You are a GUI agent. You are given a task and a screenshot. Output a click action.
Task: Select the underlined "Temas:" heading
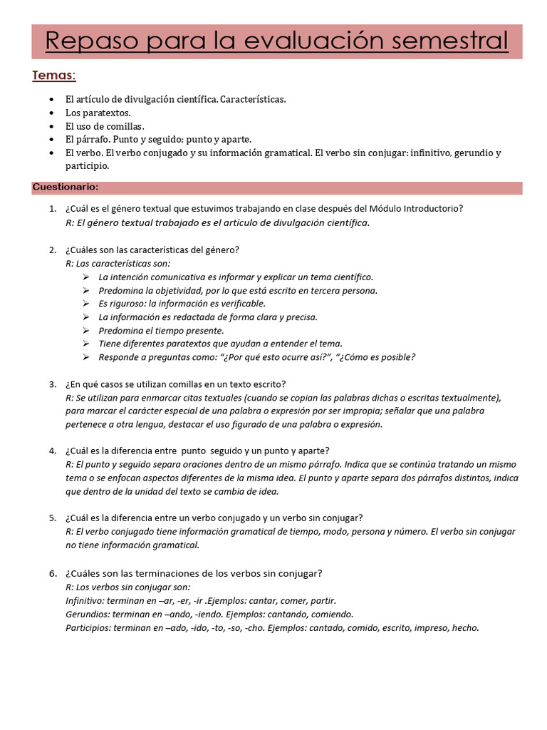54,76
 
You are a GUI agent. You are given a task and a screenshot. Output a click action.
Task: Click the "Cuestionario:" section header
66,187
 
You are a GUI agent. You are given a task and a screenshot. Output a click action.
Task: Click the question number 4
53,451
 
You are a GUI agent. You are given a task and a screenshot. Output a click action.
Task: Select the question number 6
53,573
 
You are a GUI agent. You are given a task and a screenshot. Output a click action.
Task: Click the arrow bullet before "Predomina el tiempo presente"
85,330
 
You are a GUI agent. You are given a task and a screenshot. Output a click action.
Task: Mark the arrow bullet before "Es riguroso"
85,304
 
